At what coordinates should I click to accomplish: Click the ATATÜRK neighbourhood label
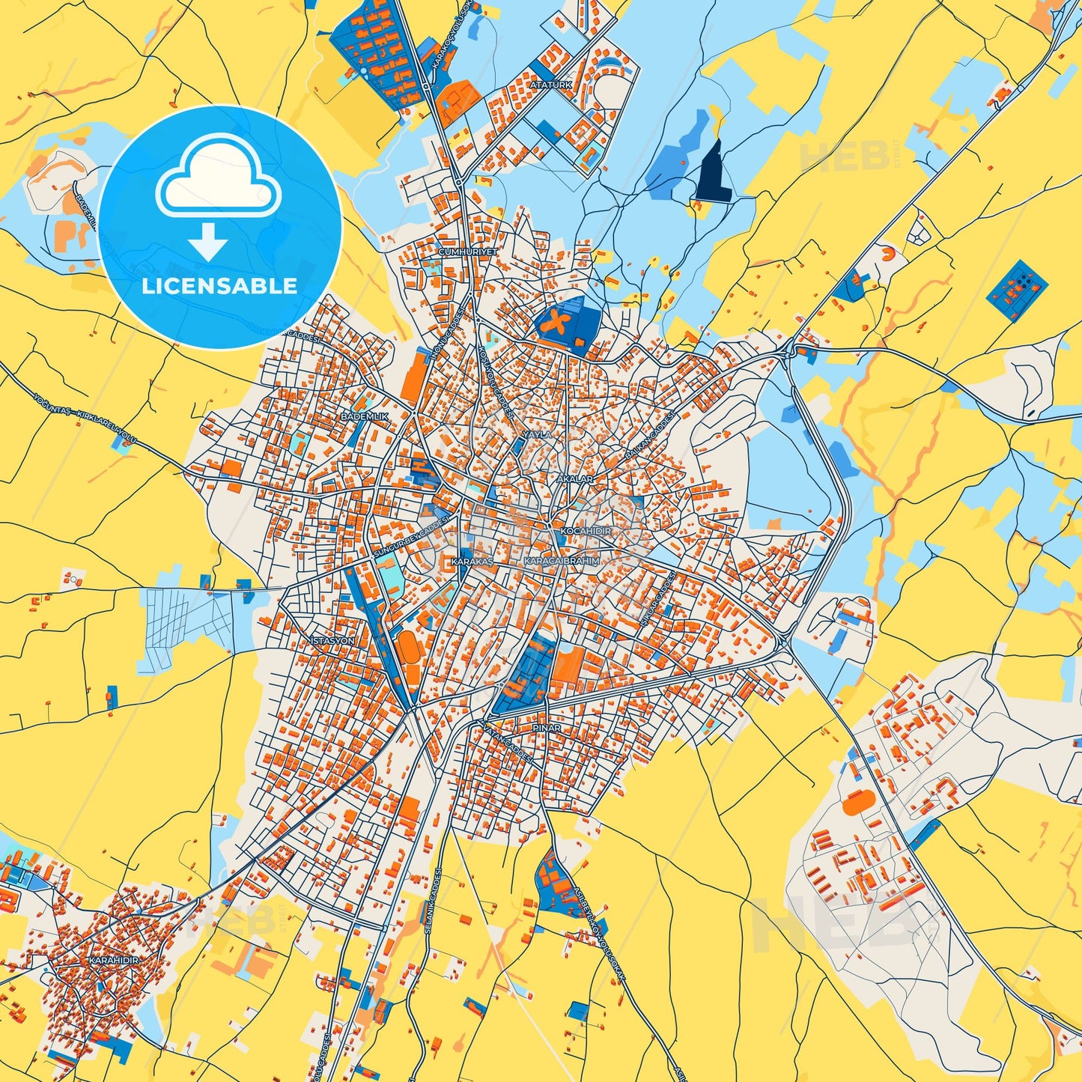pos(550,85)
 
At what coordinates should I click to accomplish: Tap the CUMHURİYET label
pos(468,252)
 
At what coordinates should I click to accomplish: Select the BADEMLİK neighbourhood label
pos(365,416)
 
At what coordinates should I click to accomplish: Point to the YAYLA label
pos(536,434)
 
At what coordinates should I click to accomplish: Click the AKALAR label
pos(575,478)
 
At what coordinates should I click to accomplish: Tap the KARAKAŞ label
pos(472,561)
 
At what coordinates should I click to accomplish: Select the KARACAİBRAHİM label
pos(562,561)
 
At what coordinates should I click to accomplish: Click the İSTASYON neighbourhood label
pos(332,642)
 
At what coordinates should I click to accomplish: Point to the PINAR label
pos(546,727)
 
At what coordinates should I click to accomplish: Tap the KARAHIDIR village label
pos(114,959)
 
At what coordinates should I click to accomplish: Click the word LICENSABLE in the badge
pos(219,286)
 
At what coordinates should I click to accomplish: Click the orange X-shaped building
pos(556,323)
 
